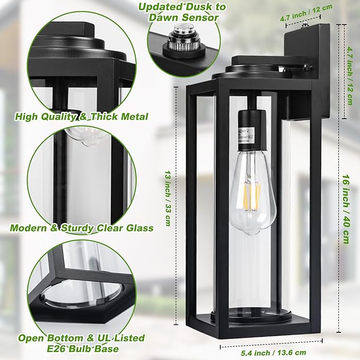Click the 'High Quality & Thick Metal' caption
pyautogui.click(x=81, y=116)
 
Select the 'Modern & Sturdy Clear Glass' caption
pyautogui.click(x=82, y=228)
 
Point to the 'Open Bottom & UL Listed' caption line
pyautogui.click(x=81, y=338)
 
